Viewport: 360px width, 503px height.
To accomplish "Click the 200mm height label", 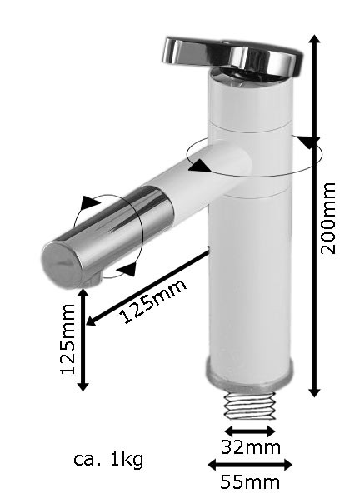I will (x=331, y=217).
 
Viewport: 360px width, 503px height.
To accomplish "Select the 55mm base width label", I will (x=250, y=482).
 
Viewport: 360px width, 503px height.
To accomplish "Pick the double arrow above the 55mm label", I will (x=250, y=465).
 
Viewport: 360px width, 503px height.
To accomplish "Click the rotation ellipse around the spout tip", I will (x=109, y=235).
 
